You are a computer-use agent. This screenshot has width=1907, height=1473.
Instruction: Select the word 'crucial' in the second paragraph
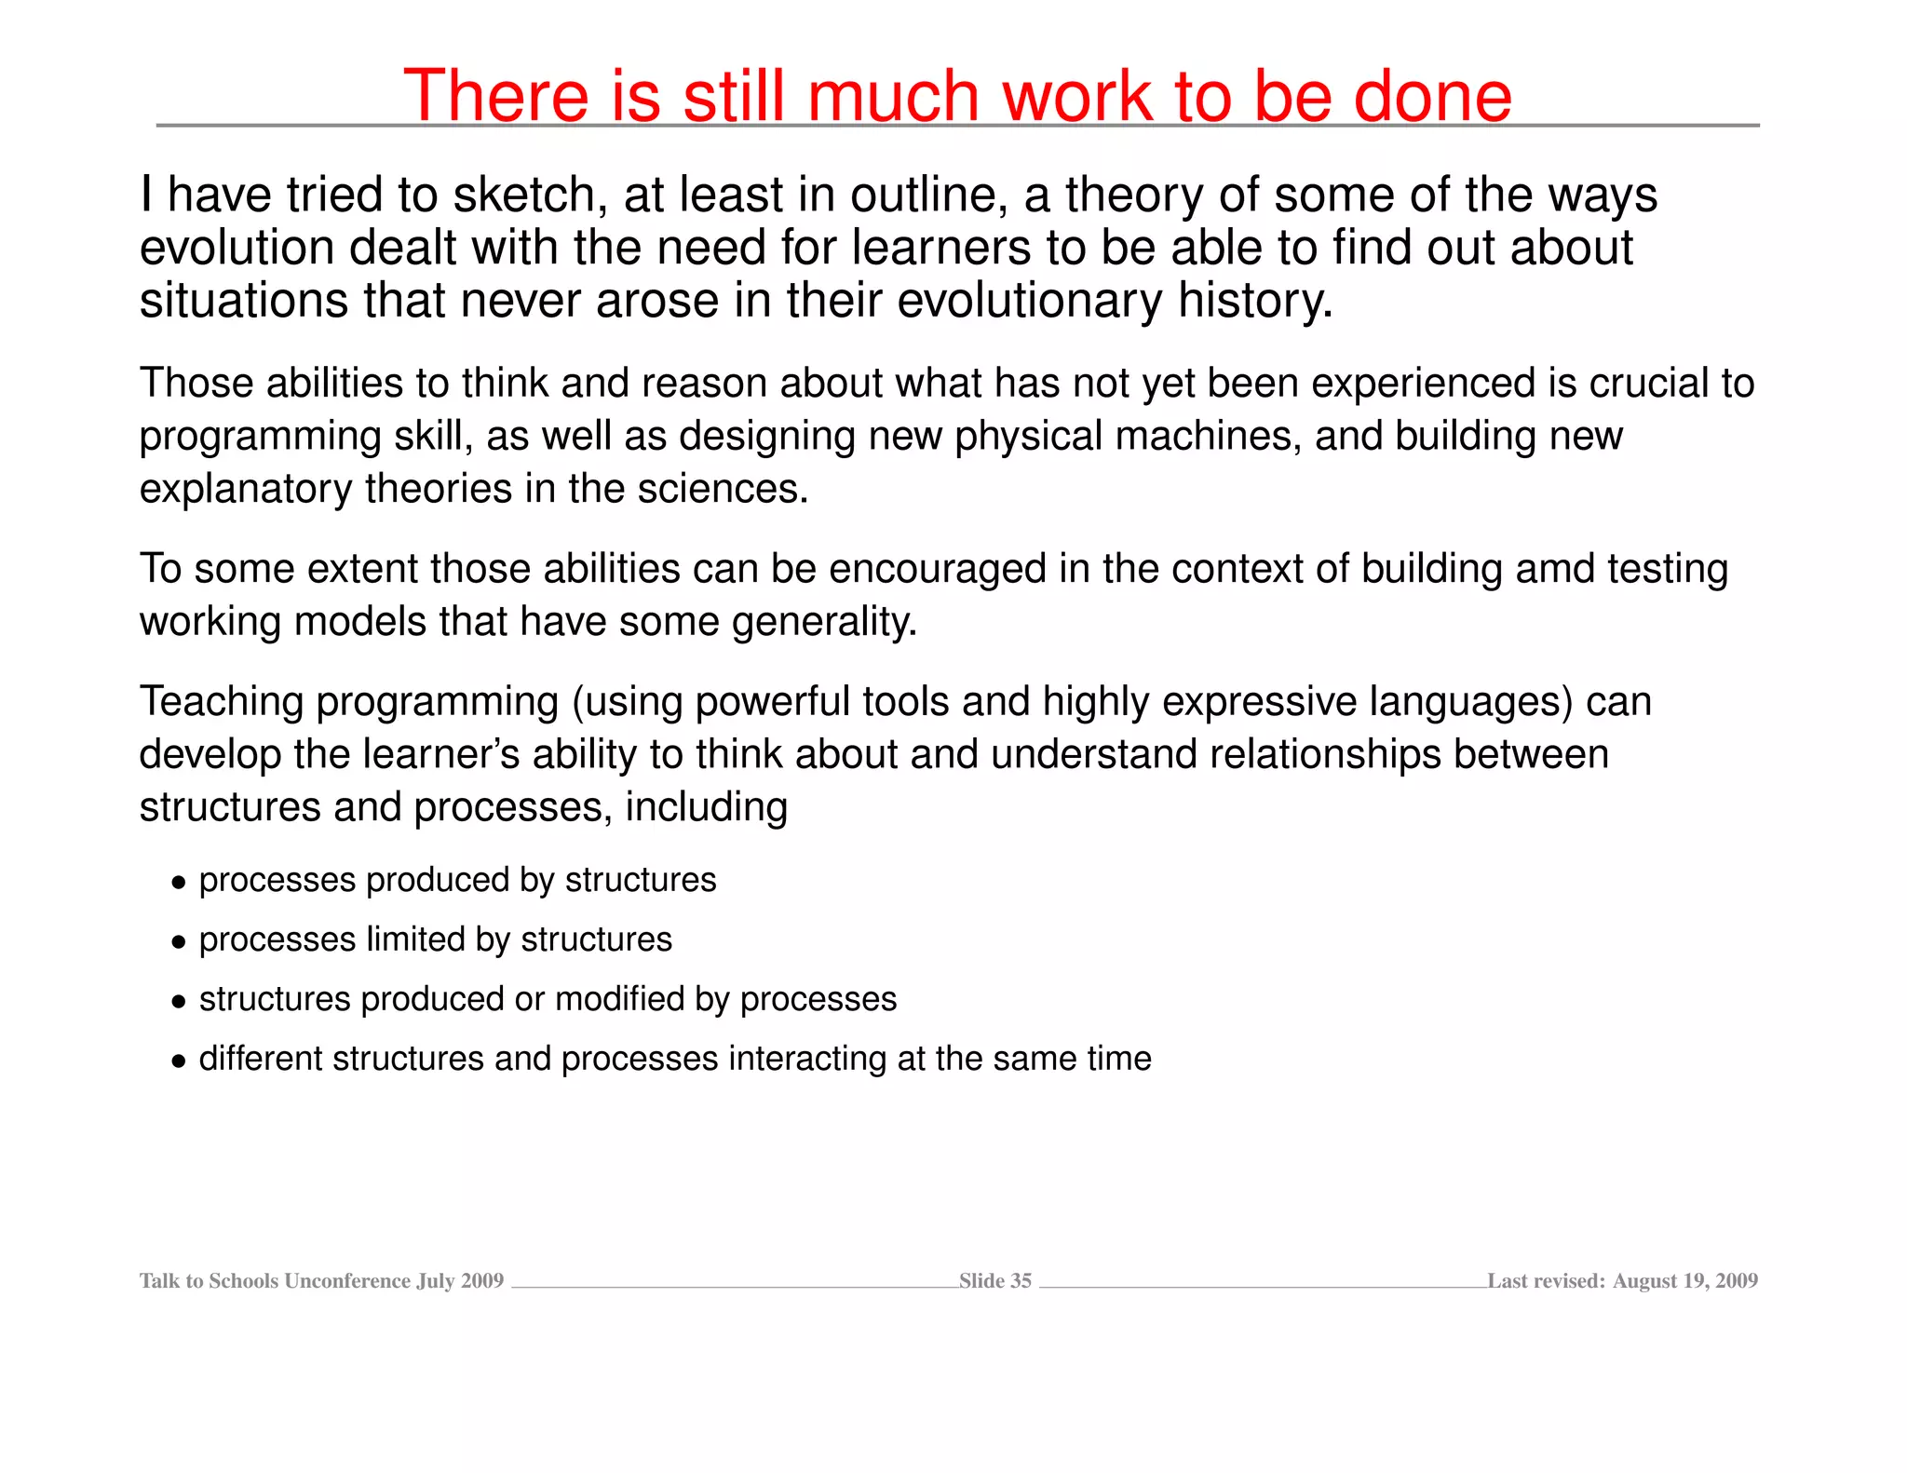click(1648, 384)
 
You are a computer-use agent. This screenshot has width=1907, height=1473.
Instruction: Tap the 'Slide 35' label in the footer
click(994, 1281)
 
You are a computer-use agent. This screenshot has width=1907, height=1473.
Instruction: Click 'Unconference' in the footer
click(347, 1281)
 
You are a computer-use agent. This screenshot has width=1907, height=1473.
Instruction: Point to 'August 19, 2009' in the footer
click(1684, 1281)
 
